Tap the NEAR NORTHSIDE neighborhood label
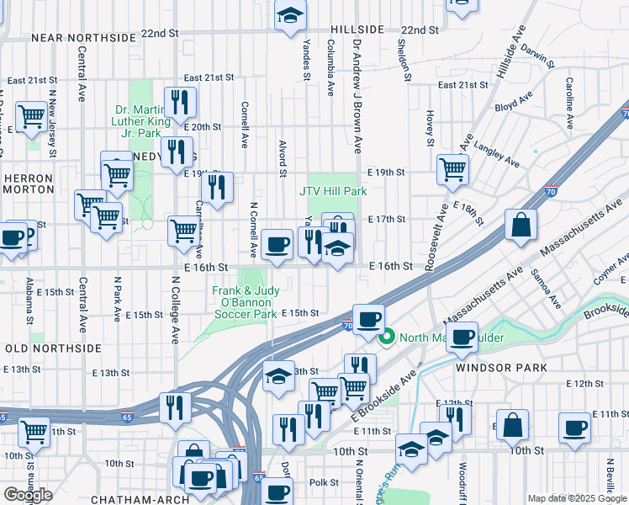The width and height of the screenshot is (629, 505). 83,38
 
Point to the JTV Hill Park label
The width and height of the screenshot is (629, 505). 333,191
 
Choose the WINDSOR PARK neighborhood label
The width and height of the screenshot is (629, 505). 501,368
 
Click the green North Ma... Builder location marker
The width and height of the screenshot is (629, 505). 387,339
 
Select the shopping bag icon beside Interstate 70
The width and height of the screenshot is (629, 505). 521,226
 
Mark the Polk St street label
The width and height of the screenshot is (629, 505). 323,483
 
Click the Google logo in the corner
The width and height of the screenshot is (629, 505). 28,495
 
